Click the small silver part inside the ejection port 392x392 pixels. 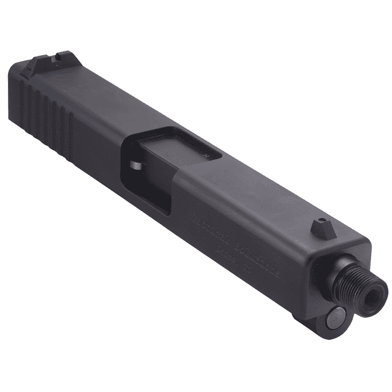[x=135, y=166]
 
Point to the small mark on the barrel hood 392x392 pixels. [x=209, y=156]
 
